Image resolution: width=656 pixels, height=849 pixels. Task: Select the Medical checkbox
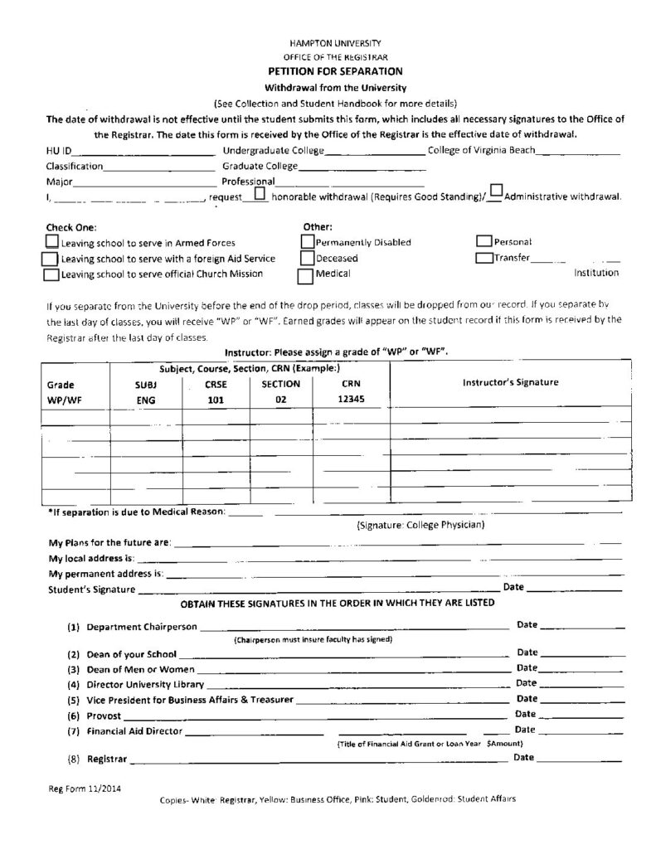click(x=305, y=273)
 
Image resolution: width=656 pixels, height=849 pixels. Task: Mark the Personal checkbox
click(x=483, y=241)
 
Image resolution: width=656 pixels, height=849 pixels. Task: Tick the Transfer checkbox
click(x=483, y=257)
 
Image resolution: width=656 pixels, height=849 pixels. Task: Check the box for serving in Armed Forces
click(x=51, y=243)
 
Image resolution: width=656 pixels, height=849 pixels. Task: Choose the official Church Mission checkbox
click(x=51, y=274)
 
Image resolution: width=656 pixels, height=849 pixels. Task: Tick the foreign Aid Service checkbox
click(x=49, y=259)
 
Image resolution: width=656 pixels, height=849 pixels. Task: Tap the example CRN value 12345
click(x=350, y=399)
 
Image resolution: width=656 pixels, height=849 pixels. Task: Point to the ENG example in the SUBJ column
click(x=146, y=400)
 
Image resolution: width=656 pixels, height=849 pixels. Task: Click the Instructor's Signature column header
click(x=510, y=383)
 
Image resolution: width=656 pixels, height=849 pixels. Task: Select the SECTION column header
click(x=280, y=385)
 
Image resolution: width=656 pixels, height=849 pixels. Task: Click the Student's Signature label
click(x=92, y=589)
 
